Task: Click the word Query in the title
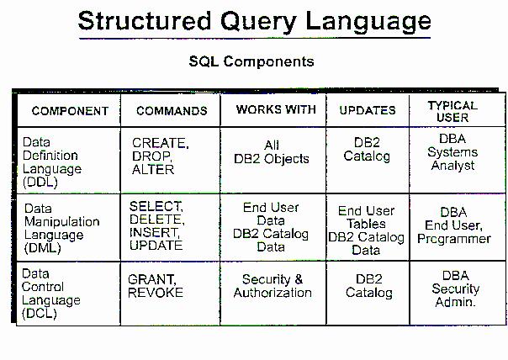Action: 258,23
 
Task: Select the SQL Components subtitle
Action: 251,61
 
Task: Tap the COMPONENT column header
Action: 70,111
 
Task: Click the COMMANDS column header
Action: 172,111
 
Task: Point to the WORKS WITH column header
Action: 276,109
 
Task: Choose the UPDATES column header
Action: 368,110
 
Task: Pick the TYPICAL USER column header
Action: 452,112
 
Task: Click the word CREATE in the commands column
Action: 160,143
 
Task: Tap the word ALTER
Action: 153,169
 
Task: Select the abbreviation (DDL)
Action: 40,183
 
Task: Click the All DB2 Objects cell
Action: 272,152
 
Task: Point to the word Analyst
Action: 452,166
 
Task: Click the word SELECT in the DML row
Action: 156,206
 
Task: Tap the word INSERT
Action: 155,232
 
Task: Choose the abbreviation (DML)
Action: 42,248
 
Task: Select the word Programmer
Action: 454,239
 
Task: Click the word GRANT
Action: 152,279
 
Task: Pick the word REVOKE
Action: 156,293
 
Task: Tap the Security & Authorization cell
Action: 273,286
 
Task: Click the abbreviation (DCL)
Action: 40,314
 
